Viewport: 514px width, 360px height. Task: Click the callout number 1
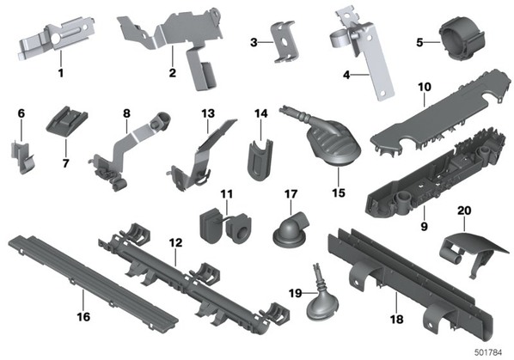pyautogui.click(x=61, y=73)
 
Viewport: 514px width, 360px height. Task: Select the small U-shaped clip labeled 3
pyautogui.click(x=285, y=41)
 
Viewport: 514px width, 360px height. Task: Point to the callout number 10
pyautogui.click(x=425, y=87)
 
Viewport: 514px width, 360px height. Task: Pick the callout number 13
pyautogui.click(x=208, y=113)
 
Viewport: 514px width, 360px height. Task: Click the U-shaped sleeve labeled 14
pyautogui.click(x=260, y=160)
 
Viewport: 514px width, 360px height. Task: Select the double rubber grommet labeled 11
pyautogui.click(x=223, y=226)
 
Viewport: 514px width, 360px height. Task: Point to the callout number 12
pyautogui.click(x=175, y=243)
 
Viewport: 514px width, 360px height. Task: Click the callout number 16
pyautogui.click(x=83, y=317)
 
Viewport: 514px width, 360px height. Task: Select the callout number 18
pyautogui.click(x=396, y=319)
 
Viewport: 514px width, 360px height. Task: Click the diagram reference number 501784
pyautogui.click(x=488, y=352)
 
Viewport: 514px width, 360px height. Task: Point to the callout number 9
pyautogui.click(x=425, y=226)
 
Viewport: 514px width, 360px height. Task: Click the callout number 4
pyautogui.click(x=346, y=75)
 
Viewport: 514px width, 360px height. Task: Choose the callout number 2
pyautogui.click(x=173, y=73)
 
